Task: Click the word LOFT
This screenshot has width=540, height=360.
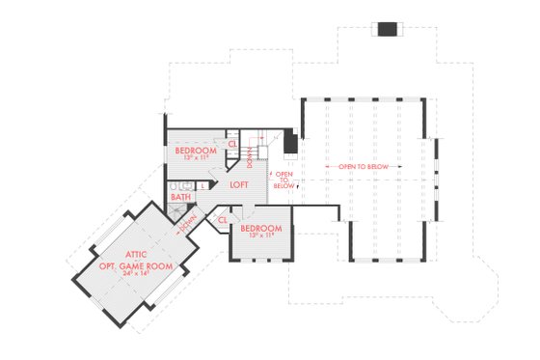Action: [239, 184]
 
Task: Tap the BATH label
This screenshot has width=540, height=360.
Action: [180, 197]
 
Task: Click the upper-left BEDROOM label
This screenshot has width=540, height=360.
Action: [194, 152]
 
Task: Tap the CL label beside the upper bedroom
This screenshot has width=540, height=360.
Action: [232, 145]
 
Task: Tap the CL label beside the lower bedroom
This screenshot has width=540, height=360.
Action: [222, 219]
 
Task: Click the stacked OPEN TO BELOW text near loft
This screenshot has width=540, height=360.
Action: [283, 180]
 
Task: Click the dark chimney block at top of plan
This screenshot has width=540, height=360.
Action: [387, 28]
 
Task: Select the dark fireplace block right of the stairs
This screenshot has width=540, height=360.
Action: [289, 142]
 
